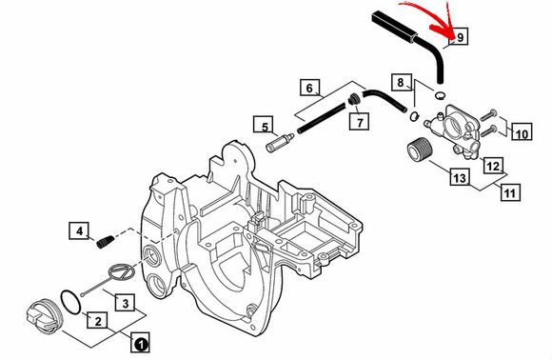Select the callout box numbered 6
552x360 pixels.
[309, 88]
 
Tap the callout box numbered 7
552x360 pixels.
[359, 122]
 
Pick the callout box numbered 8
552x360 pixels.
[401, 83]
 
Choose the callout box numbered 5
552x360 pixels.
[264, 125]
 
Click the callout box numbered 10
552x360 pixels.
[522, 132]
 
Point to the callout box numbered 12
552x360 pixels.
[494, 165]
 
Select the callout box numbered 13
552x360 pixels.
[460, 177]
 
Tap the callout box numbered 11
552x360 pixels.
[510, 192]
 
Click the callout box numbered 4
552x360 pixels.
[79, 231]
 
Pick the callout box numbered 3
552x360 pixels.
[126, 303]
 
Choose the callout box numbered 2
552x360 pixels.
[97, 321]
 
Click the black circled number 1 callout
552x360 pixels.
[141, 342]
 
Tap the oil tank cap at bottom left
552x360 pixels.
[42, 314]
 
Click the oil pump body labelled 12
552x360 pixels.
[454, 131]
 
